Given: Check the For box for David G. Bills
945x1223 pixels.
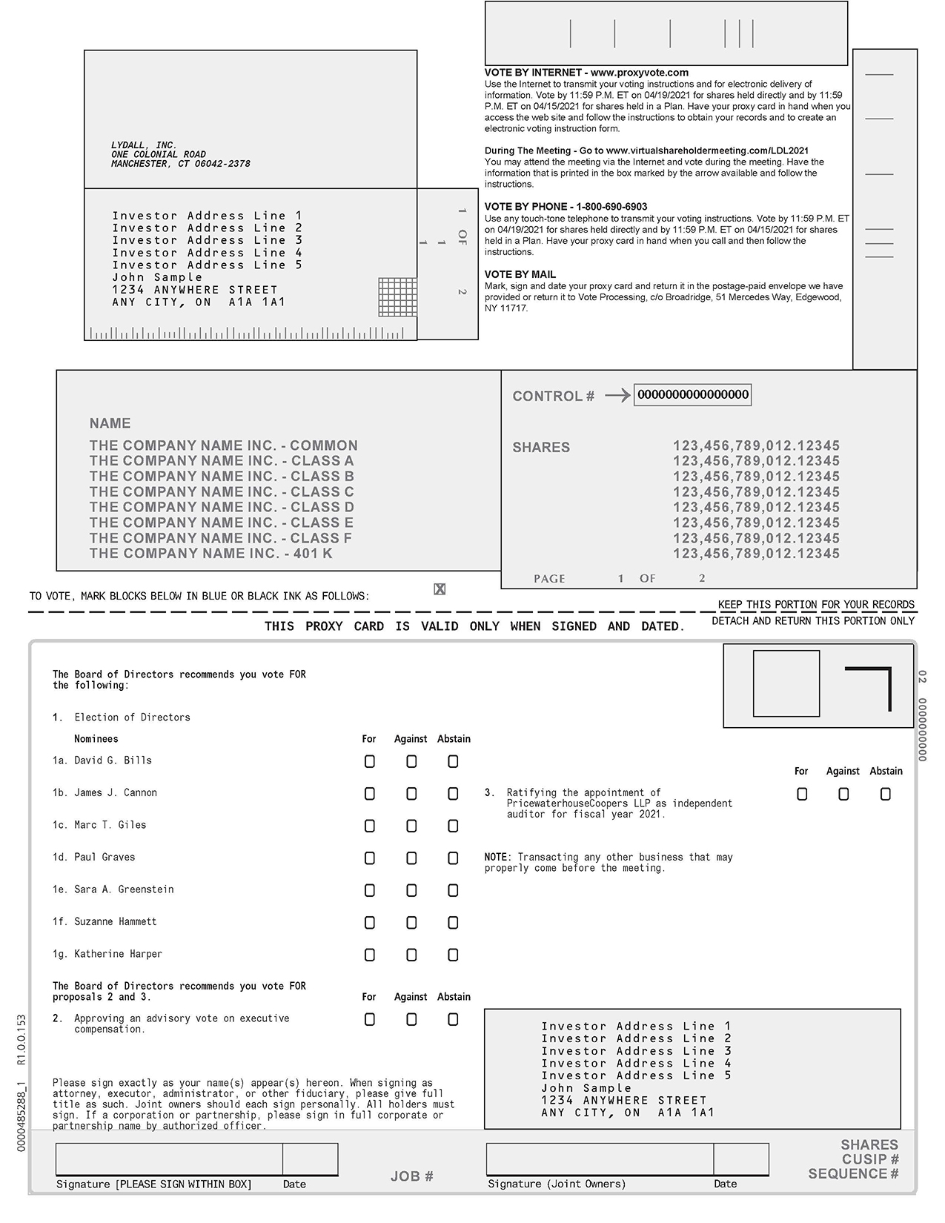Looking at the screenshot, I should pyautogui.click(x=370, y=761).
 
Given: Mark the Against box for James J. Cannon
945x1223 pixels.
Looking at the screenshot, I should pyautogui.click(x=411, y=794).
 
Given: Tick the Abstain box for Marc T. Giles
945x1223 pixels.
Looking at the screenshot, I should pyautogui.click(x=453, y=826).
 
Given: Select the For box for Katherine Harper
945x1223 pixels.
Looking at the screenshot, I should pyautogui.click(x=370, y=955).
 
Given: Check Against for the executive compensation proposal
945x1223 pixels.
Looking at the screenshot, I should pyautogui.click(x=411, y=1020).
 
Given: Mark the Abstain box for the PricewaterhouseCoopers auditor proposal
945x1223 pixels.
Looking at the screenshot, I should pyautogui.click(x=885, y=794).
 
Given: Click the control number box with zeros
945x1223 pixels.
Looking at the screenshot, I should pyautogui.click(x=693, y=395).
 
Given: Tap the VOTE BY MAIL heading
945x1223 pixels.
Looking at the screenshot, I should pyautogui.click(x=520, y=274).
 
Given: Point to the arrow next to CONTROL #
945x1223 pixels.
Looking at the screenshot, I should pyautogui.click(x=617, y=396).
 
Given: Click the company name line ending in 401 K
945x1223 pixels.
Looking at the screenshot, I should pyautogui.click(x=210, y=554).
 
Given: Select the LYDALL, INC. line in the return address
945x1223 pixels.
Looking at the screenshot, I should pyautogui.click(x=144, y=146).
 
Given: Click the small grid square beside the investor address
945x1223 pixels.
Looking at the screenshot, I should pyautogui.click(x=397, y=296).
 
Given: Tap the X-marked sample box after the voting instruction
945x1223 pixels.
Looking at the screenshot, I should pyautogui.click(x=440, y=589).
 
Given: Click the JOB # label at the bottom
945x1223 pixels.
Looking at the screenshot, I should pyautogui.click(x=411, y=1176).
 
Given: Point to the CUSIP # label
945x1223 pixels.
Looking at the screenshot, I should pyautogui.click(x=870, y=1159).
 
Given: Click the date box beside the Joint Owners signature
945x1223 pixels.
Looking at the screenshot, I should pyautogui.click(x=740, y=1159).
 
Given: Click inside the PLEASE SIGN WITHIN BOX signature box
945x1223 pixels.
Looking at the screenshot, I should pyautogui.click(x=169, y=1159).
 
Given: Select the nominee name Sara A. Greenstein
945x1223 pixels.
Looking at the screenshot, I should pyautogui.click(x=124, y=889).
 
